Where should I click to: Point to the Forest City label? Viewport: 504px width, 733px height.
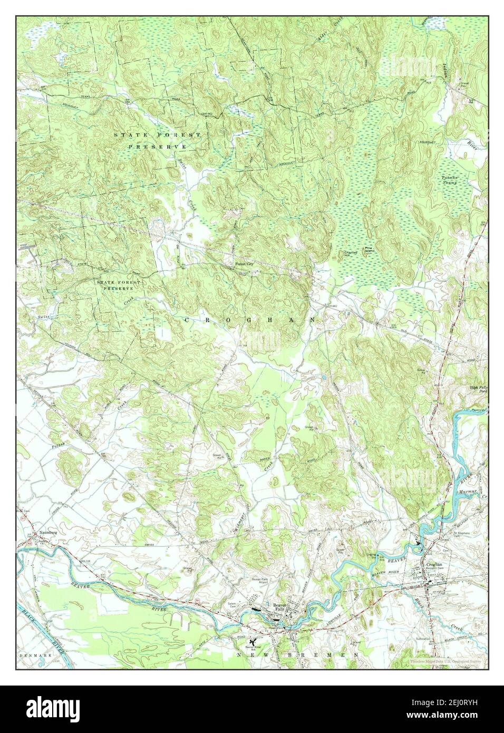tap(237, 265)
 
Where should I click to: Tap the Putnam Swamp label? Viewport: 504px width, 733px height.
tap(453, 181)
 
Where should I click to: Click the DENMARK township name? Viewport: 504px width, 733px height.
tap(34, 654)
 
